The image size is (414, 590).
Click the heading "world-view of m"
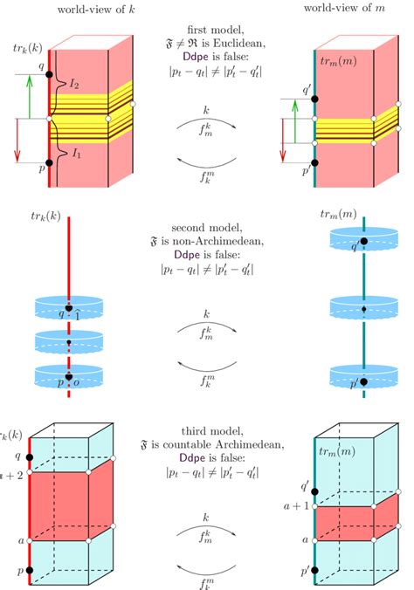343,8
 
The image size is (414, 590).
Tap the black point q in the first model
50,75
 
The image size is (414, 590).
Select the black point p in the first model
50,162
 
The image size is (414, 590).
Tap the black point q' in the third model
314,492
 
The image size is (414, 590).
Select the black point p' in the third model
314,569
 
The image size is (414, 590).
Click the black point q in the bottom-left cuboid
30,456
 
